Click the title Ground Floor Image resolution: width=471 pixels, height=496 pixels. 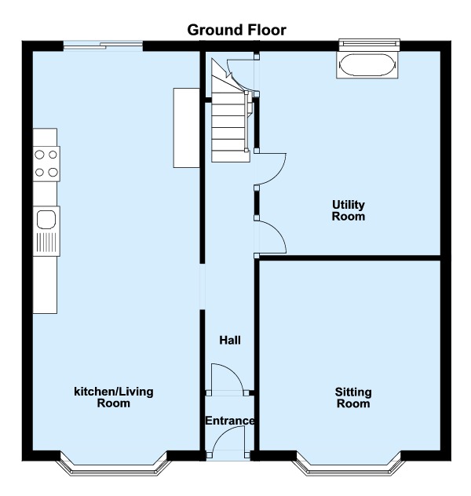click(236, 31)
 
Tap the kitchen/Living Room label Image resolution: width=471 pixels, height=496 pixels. click(114, 397)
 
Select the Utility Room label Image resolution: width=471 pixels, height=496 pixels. click(349, 210)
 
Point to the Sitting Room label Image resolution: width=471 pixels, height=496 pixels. click(353, 398)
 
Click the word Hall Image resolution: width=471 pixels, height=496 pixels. click(230, 341)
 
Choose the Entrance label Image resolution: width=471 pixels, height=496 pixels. click(230, 421)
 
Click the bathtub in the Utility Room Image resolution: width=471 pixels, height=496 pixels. click(367, 64)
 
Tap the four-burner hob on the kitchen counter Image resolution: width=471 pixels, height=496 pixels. click(46, 163)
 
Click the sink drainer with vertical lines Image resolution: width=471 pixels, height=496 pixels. click(46, 242)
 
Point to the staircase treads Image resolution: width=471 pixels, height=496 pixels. click(229, 126)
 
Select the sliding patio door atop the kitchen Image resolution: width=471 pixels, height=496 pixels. click(103, 46)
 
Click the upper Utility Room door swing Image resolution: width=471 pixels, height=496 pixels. click(271, 170)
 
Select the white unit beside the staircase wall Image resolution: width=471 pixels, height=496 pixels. click(186, 127)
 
